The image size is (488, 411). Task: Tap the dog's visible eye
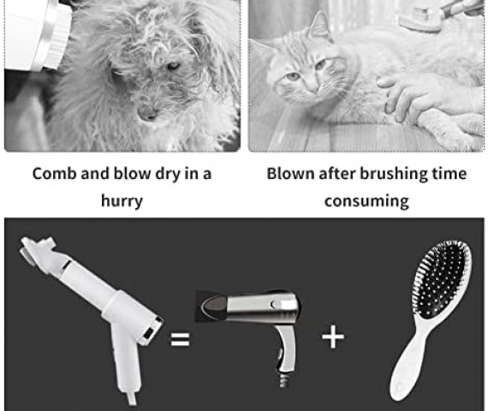point(173,66)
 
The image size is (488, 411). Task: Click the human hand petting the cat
point(426,97)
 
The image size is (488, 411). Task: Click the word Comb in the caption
point(55,174)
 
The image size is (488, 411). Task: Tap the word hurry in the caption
point(122,201)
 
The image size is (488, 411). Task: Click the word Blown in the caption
point(291,174)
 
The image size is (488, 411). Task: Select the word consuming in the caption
point(366,201)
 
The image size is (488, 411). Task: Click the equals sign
point(180,339)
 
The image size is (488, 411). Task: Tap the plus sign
point(333,337)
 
